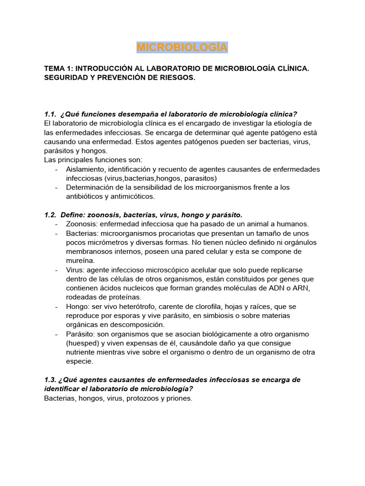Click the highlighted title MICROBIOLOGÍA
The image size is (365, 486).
(x=182, y=47)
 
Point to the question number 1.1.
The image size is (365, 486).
(x=50, y=114)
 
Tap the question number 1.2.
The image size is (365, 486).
(x=50, y=215)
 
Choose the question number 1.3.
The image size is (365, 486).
(x=50, y=380)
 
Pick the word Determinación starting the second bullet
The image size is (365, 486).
(x=90, y=187)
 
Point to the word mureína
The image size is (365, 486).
(x=80, y=261)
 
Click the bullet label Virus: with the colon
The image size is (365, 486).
(x=76, y=270)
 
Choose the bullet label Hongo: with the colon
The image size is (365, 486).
(x=78, y=307)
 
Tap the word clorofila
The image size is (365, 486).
(x=199, y=307)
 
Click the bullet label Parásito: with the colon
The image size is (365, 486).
(x=81, y=334)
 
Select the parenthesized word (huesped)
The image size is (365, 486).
(x=83, y=343)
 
